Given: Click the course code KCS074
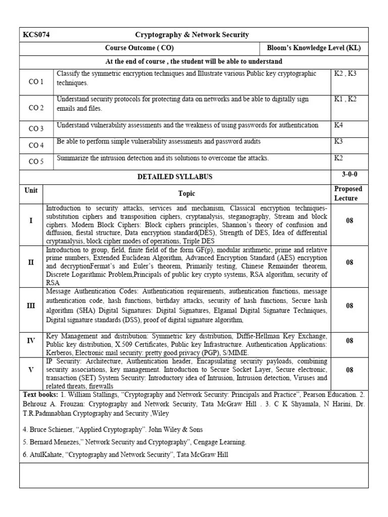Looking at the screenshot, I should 36,35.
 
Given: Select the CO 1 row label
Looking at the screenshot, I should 36,81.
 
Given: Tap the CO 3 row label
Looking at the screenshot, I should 36,129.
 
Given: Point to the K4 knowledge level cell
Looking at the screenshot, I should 338,125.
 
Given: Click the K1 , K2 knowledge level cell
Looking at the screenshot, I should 345,99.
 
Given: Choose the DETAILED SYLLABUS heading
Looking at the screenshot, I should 175,177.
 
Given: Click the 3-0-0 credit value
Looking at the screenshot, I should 350,174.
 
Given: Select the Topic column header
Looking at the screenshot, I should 186,193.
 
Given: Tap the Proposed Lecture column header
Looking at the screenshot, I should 349,193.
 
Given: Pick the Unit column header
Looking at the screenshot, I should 31,190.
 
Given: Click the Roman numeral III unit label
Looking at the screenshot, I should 31,305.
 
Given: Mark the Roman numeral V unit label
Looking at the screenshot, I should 31,370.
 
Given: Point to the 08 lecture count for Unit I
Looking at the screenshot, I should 350,221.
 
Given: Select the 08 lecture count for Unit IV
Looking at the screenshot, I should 350,341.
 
